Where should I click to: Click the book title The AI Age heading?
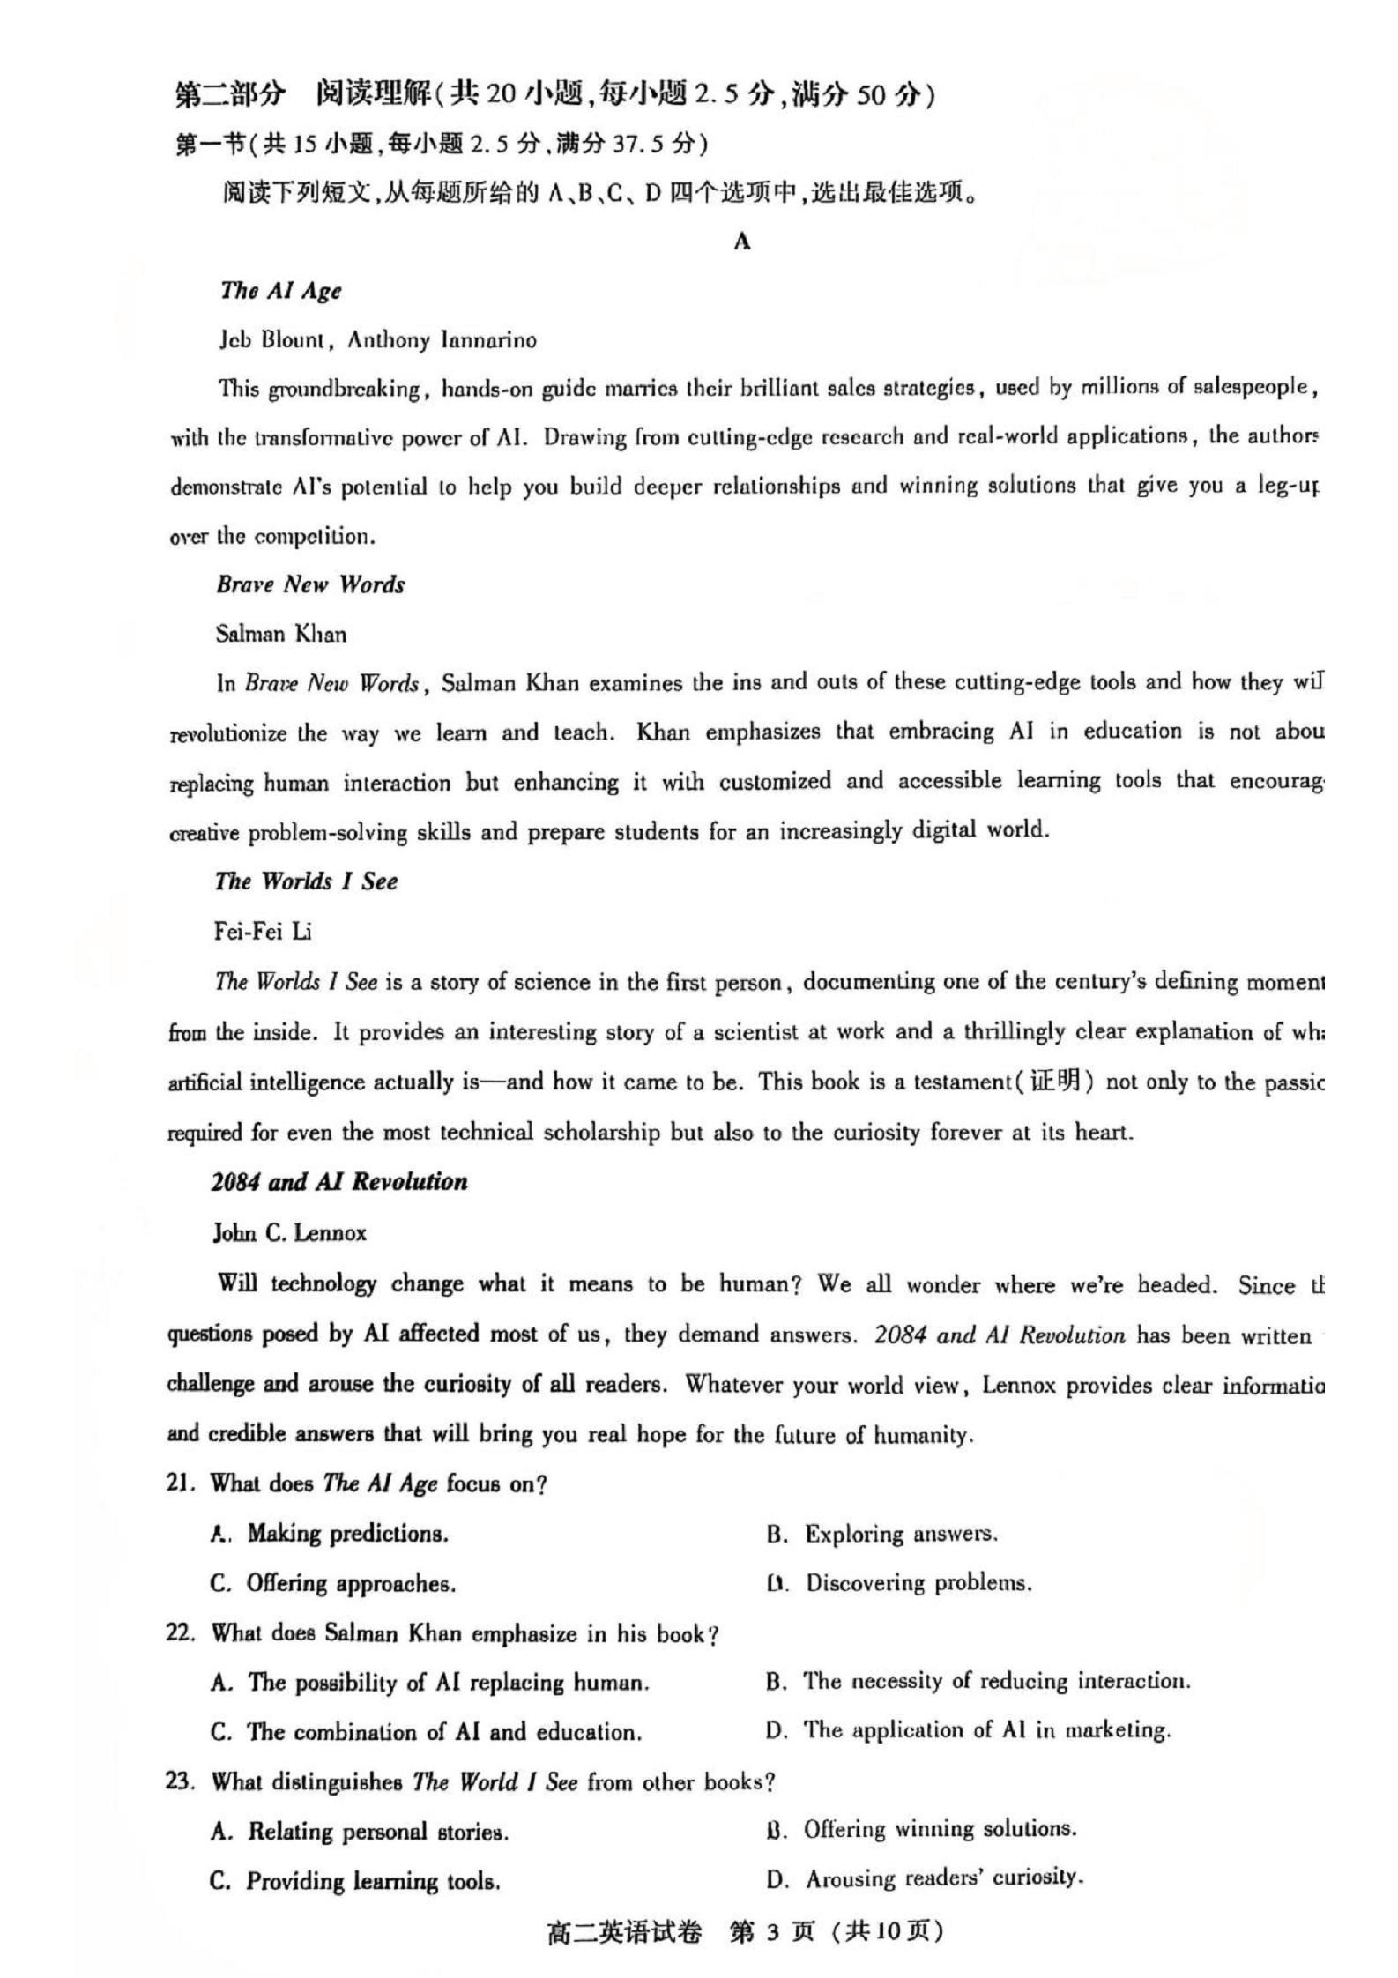pyautogui.click(x=280, y=291)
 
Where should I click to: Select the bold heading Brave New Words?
pyautogui.click(x=310, y=584)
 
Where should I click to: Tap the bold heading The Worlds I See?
pyautogui.click(x=306, y=881)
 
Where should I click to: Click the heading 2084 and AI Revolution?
pyautogui.click(x=338, y=1182)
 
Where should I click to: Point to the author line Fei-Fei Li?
pyautogui.click(x=263, y=931)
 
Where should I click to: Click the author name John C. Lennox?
pyautogui.click(x=289, y=1232)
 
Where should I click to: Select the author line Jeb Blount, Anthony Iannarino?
pyautogui.click(x=377, y=340)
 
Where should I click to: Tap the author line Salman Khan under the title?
pyautogui.click(x=281, y=634)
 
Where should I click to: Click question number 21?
pyautogui.click(x=180, y=1483)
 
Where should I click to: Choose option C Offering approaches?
pyautogui.click(x=333, y=1584)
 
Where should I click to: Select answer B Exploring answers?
pyautogui.click(x=881, y=1535)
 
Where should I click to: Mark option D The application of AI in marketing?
pyautogui.click(x=968, y=1730)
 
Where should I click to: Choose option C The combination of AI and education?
pyautogui.click(x=425, y=1732)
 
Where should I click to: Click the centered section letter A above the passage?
pyautogui.click(x=741, y=242)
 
